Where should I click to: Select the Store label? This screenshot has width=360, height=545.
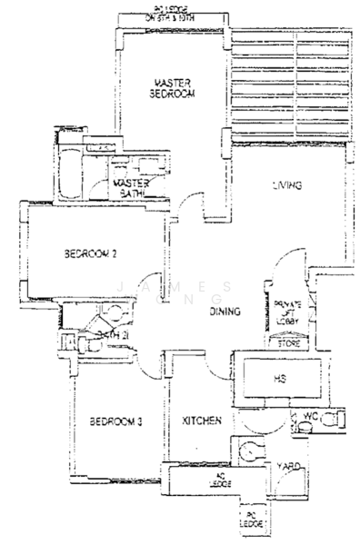(x=288, y=343)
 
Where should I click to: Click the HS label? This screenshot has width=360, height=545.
(x=280, y=377)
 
